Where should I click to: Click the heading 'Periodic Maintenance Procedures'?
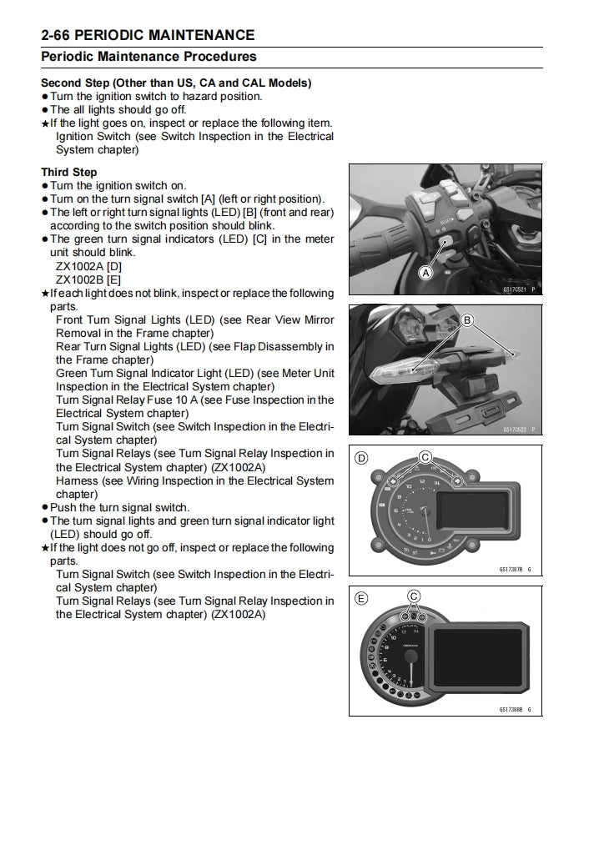(x=148, y=57)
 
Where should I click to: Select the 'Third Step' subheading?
(x=69, y=172)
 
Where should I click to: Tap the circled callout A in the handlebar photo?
(x=425, y=273)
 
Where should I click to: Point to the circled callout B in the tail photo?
(x=467, y=319)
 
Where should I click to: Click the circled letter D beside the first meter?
(x=361, y=457)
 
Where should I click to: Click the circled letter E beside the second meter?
(x=361, y=598)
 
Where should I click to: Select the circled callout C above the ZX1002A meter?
(x=425, y=456)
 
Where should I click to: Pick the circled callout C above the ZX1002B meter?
(x=414, y=596)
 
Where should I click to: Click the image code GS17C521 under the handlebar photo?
(x=516, y=289)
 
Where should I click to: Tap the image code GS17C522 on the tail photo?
(x=516, y=430)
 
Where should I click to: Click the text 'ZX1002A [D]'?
(x=88, y=266)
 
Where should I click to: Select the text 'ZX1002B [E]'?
(x=88, y=279)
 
